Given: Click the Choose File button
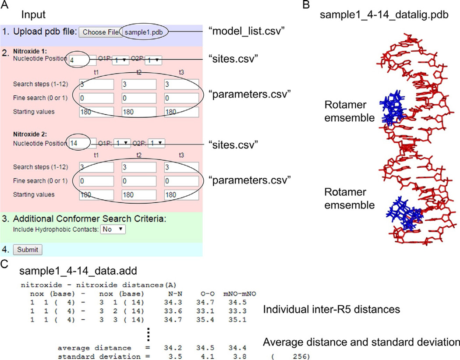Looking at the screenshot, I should click(x=101, y=32).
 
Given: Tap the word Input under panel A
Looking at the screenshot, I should click(x=33, y=14).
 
